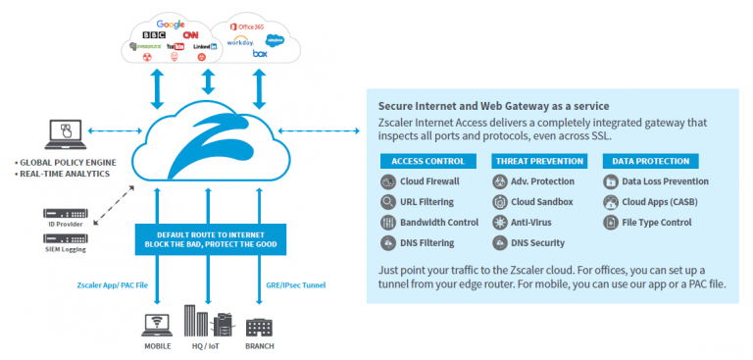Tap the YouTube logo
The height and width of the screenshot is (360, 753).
pyautogui.click(x=175, y=46)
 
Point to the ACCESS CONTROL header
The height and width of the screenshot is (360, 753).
pyautogui.click(x=427, y=161)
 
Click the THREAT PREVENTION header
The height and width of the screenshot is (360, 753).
pyautogui.click(x=537, y=161)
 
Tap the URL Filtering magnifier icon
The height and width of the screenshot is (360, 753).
pyautogui.click(x=386, y=202)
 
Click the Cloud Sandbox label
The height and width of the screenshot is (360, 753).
pyautogui.click(x=542, y=202)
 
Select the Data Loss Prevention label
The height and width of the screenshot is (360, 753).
pyautogui.click(x=664, y=181)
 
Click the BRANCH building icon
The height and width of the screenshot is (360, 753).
pyautogui.click(x=259, y=327)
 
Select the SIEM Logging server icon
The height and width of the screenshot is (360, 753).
pyautogui.click(x=65, y=238)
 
